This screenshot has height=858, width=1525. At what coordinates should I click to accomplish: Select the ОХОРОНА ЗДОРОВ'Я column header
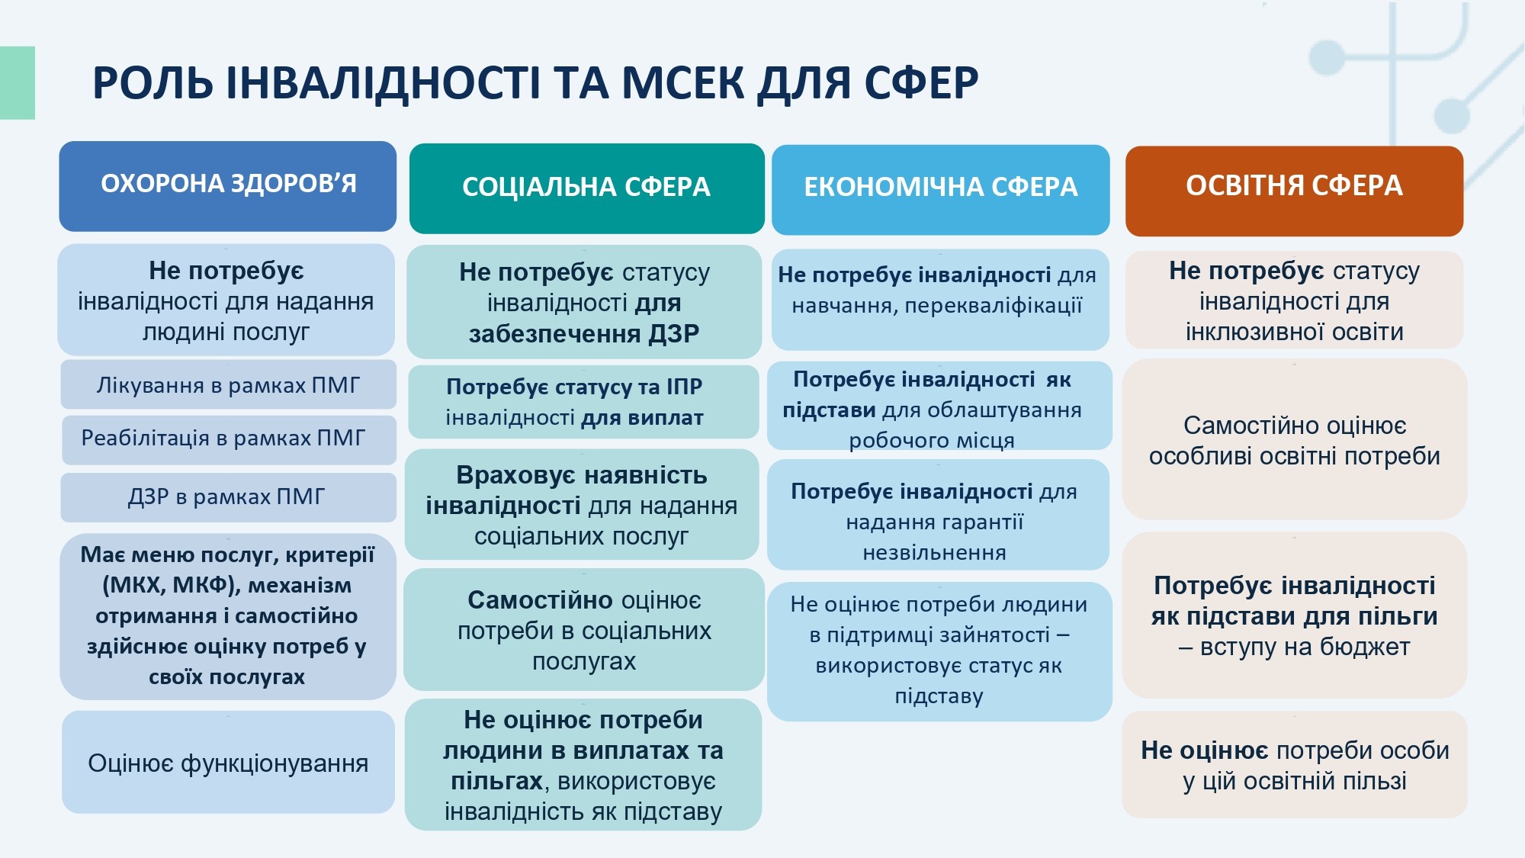[x=228, y=186]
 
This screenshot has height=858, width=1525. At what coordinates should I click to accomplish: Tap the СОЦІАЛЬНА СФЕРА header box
[x=586, y=188]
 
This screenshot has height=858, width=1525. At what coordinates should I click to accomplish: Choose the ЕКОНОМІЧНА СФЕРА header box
[x=941, y=190]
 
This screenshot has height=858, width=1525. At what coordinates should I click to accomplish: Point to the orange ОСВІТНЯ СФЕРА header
[x=1294, y=191]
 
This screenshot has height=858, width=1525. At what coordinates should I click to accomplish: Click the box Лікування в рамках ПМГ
[x=228, y=385]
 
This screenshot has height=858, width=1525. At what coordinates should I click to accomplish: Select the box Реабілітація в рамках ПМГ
[x=229, y=439]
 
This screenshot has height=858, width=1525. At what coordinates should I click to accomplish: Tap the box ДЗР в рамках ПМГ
[x=228, y=497]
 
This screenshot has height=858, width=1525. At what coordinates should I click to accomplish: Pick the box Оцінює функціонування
[x=228, y=762]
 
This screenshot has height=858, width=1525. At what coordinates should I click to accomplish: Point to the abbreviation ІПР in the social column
[x=684, y=387]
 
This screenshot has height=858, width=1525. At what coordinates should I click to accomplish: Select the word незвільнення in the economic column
[x=934, y=552]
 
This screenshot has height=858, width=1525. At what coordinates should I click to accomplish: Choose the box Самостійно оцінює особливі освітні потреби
[x=1295, y=440]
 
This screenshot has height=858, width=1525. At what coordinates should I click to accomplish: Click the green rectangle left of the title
[x=18, y=83]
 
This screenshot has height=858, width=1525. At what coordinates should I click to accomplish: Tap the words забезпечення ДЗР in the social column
[x=584, y=334]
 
